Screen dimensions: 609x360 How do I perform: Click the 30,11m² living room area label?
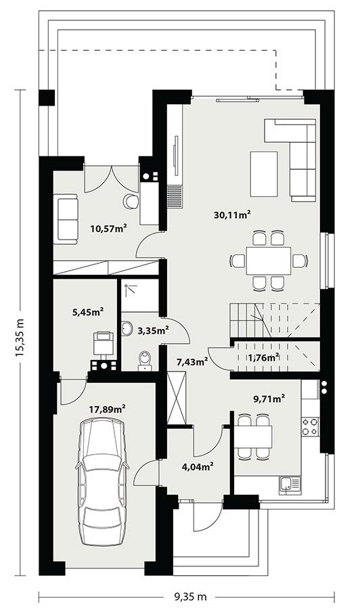232,215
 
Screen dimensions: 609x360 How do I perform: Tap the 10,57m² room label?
109,229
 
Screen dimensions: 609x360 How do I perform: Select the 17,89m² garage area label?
108,409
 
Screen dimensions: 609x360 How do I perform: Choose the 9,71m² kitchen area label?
269,399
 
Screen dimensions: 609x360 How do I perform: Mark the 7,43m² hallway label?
192,362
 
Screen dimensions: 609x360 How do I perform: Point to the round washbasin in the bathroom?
128,329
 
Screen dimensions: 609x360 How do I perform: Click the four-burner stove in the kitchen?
311,426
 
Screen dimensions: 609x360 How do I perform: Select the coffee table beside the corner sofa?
264,173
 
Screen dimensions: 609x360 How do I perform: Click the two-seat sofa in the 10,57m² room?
66,217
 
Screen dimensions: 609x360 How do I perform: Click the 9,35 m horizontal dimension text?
190,597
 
